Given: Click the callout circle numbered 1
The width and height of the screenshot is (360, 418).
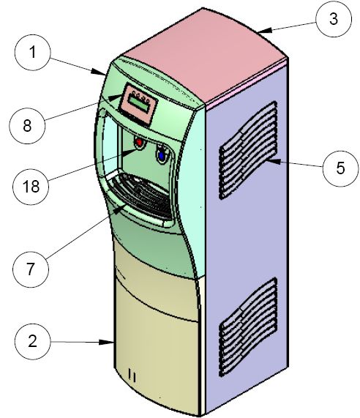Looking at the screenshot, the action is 32,53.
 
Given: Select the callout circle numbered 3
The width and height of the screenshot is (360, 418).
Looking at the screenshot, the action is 334,19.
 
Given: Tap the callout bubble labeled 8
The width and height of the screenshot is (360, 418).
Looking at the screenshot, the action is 27,126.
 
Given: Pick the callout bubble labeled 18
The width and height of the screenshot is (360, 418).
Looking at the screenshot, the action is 31,187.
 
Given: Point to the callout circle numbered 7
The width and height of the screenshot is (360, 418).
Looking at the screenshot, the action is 31,269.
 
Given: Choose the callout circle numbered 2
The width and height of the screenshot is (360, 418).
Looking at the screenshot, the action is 32,341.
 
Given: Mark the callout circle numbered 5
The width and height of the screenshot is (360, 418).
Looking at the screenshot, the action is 340,168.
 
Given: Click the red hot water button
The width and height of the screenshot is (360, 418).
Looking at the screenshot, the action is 139,142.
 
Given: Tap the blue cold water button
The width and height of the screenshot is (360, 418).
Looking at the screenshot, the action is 161,155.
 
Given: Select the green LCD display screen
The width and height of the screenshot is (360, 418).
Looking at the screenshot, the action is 139,103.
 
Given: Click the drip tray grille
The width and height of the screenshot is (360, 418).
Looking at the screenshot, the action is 142,195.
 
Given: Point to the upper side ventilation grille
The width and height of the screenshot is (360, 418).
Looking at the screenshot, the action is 248,150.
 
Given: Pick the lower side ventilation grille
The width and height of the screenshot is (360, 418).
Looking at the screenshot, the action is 248,326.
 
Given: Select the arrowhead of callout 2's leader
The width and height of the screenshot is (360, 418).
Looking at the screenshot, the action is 107,343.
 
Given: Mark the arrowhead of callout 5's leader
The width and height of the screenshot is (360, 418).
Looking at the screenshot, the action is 274,161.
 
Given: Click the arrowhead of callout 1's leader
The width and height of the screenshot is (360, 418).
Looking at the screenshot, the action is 99,72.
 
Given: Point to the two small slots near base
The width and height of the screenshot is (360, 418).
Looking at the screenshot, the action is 132,376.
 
